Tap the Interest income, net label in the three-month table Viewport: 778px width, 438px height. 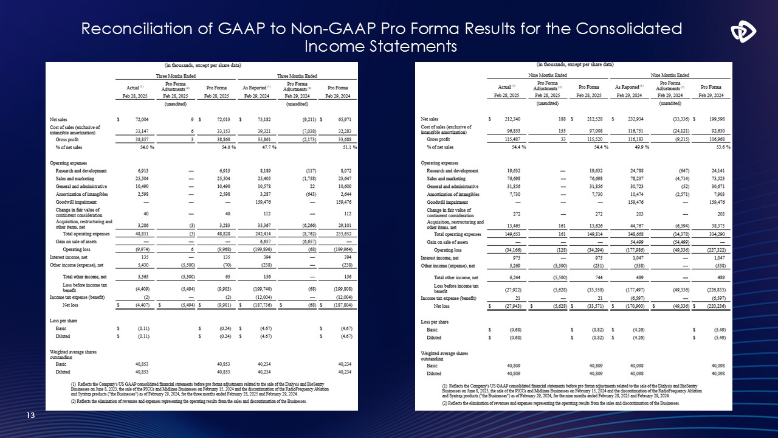[69, 258]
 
